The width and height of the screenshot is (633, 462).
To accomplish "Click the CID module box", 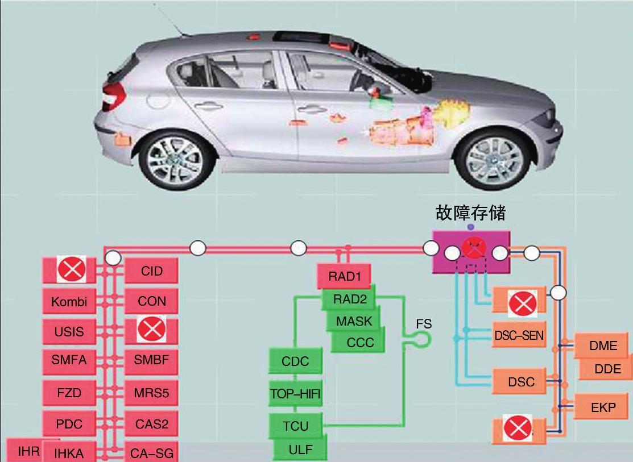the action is click(x=151, y=271).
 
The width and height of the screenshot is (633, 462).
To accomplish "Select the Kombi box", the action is click(x=69, y=301).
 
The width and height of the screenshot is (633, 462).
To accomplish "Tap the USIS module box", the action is click(x=69, y=331).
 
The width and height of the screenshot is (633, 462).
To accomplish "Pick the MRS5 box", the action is click(x=151, y=393).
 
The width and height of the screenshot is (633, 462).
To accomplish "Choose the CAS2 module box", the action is click(x=151, y=423).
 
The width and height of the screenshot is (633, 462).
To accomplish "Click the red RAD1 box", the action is click(x=344, y=277).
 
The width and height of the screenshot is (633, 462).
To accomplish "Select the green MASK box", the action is click(x=354, y=321).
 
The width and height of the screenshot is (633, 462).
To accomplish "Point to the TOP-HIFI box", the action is click(x=296, y=393).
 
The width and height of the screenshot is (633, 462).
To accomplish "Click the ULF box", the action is click(x=300, y=449).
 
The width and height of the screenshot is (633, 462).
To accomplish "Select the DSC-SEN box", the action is click(x=518, y=336).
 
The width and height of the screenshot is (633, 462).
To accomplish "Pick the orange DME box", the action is click(x=603, y=346).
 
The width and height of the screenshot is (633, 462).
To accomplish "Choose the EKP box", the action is click(x=603, y=407).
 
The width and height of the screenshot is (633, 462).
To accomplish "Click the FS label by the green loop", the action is click(x=424, y=324).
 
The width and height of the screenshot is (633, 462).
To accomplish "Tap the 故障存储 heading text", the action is click(x=470, y=213).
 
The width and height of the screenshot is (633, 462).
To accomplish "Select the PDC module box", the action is click(x=69, y=423).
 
